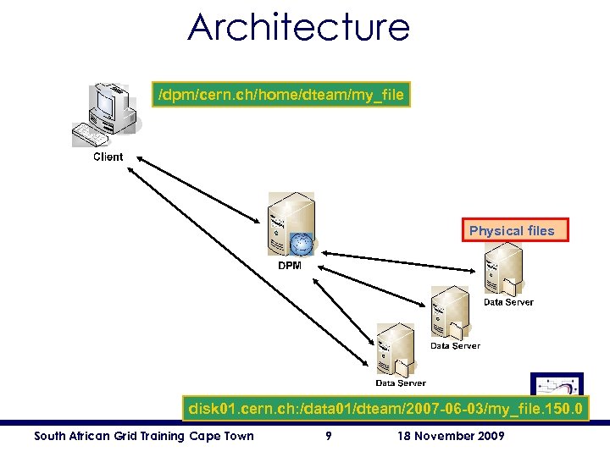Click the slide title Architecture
pyautogui.click(x=298, y=27)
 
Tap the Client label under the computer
pyautogui.click(x=108, y=157)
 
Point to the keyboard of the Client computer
pyautogui.click(x=91, y=135)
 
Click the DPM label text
pyautogui.click(x=290, y=266)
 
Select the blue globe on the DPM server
pyautogui.click(x=301, y=244)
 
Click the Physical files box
pyautogui.click(x=512, y=230)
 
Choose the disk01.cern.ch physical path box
pyautogui.click(x=384, y=409)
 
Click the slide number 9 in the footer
pyautogui.click(x=328, y=436)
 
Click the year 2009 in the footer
pyautogui.click(x=491, y=436)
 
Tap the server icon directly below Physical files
pyautogui.click(x=502, y=268)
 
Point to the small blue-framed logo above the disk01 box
pyautogui.click(x=557, y=383)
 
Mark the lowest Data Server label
pyautogui.click(x=401, y=383)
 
